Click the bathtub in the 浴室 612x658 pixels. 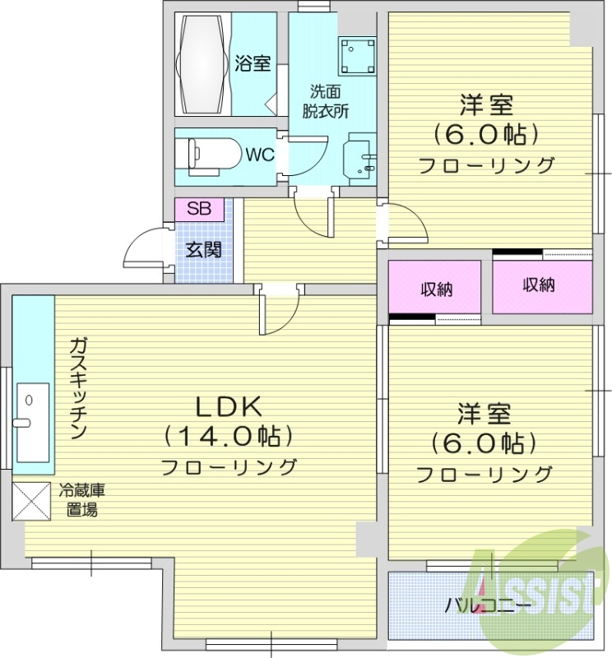pos(201,63)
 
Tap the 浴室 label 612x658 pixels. pos(253,64)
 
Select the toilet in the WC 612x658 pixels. pos(209,154)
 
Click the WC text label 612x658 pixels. pos(259,154)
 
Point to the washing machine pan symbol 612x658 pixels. pos(359,55)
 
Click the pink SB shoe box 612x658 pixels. pos(198,208)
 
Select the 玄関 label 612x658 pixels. pos(202,250)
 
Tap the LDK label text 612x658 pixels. pos(227,405)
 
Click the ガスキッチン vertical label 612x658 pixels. pos(77,388)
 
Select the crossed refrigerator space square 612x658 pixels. pos(30,503)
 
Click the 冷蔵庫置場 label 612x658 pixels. pos(81,501)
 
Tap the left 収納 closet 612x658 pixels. pos(434,289)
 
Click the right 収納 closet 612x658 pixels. pos(542,285)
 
